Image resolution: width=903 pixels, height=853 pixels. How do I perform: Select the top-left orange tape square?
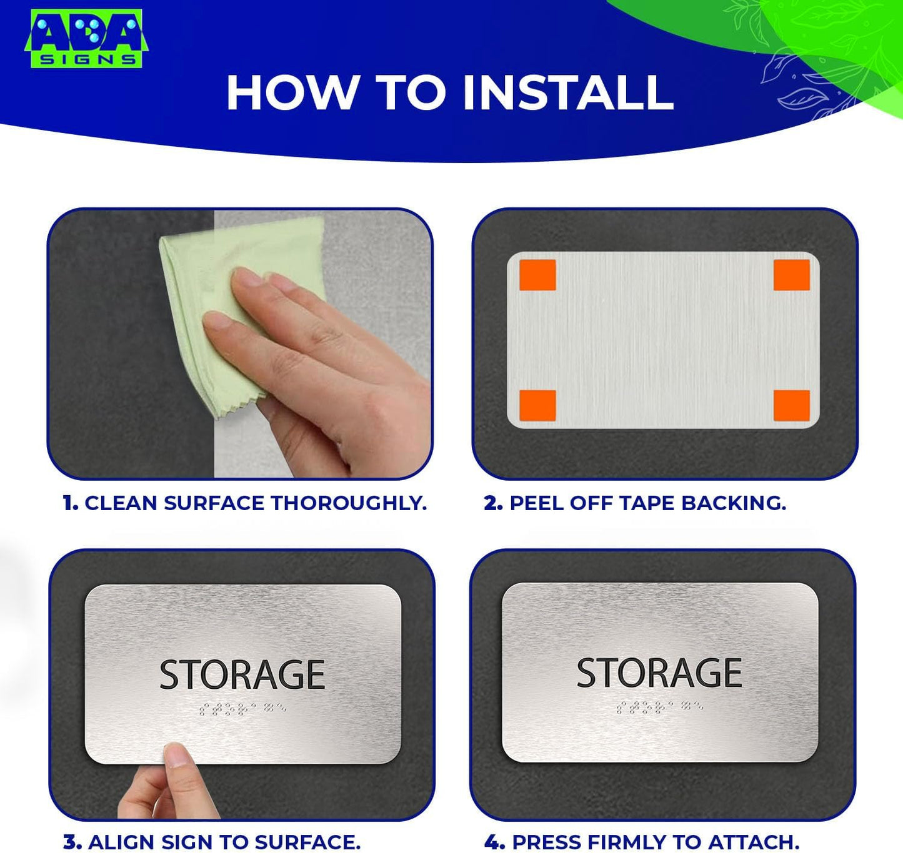pos(537,275)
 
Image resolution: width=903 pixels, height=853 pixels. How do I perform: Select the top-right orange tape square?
pos(791,275)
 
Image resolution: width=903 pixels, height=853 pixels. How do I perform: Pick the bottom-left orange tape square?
pos(537,406)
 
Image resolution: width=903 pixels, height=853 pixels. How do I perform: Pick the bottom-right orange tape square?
pos(791,406)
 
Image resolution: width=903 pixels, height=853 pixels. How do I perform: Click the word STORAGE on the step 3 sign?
pos(242,674)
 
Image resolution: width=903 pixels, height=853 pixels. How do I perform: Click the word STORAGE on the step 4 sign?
pos(659,673)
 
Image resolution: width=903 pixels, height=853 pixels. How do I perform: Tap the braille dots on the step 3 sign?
pos(242,709)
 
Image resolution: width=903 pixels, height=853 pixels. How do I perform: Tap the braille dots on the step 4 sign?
pos(659,707)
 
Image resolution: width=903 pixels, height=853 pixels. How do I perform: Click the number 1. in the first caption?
pos(70,503)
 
